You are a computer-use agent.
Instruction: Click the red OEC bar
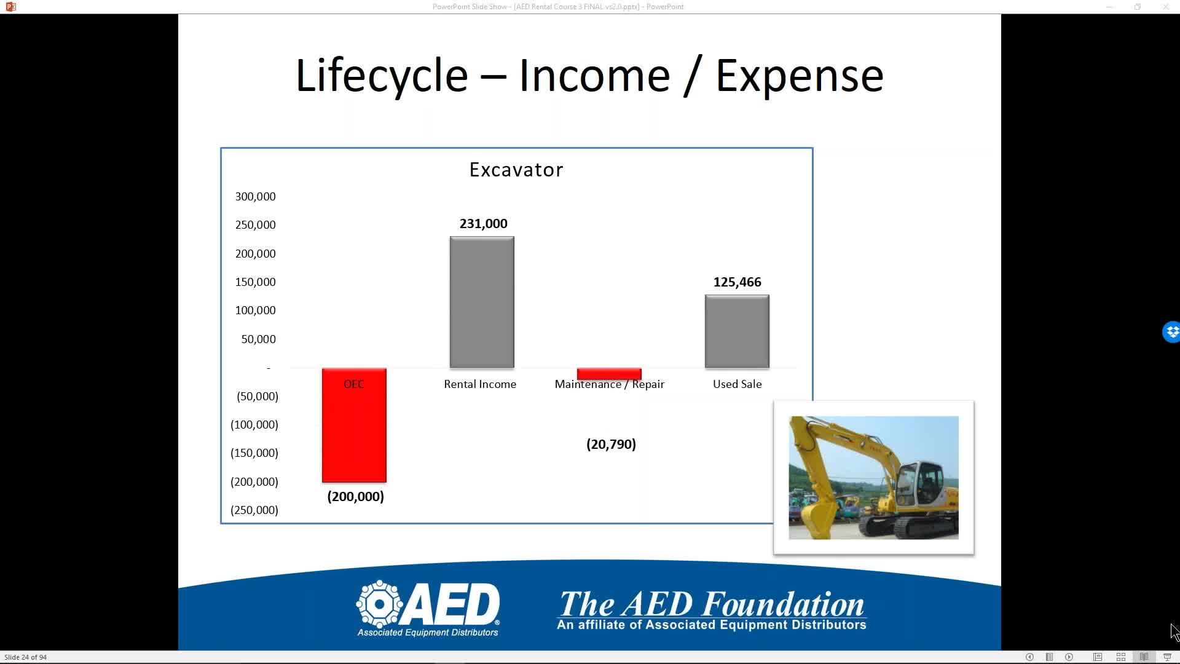click(x=354, y=425)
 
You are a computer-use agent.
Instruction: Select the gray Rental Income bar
click(x=482, y=302)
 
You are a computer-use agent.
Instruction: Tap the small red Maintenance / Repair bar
click(x=609, y=374)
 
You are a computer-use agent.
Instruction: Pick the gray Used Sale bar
click(x=737, y=332)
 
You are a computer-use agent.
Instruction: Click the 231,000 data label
click(x=484, y=224)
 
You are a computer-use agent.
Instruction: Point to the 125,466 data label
click(x=737, y=282)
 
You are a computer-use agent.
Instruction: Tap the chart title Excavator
click(x=516, y=170)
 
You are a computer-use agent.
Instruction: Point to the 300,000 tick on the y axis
click(x=255, y=197)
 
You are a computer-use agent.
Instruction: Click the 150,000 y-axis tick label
click(x=255, y=282)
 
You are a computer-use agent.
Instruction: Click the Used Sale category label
click(x=737, y=384)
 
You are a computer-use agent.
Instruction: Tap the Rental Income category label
click(x=480, y=384)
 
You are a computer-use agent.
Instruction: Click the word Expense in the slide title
click(x=800, y=76)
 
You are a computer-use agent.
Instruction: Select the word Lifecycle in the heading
click(x=382, y=76)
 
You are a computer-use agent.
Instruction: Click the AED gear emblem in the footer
click(x=380, y=604)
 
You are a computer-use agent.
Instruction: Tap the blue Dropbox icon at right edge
click(x=1171, y=332)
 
